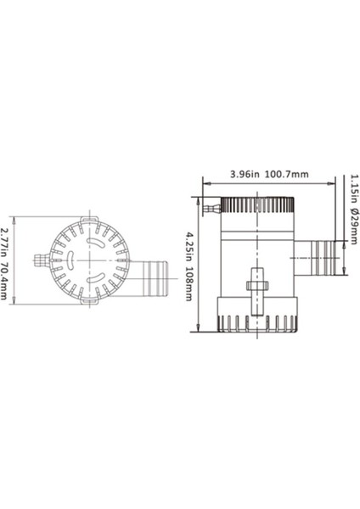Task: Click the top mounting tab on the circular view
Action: [x=85, y=216]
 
